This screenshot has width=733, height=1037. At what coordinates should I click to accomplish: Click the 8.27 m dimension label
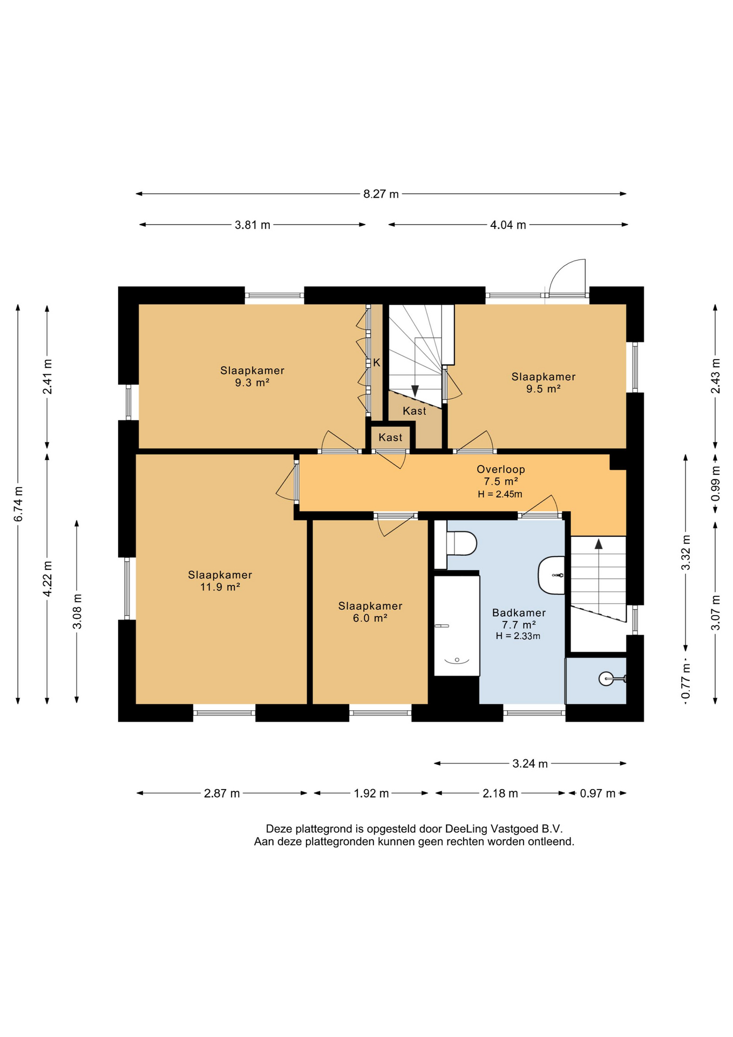(x=381, y=194)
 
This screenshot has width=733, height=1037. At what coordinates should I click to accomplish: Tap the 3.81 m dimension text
(x=252, y=225)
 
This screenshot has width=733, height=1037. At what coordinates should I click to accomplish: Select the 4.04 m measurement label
(x=508, y=225)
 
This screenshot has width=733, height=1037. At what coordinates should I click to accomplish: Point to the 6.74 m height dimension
(x=18, y=504)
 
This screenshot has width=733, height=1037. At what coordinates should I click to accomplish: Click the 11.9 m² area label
(x=220, y=587)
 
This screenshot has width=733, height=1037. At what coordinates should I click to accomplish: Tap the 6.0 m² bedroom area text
(x=370, y=618)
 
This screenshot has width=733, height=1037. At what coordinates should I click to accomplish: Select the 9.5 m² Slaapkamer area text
(x=544, y=389)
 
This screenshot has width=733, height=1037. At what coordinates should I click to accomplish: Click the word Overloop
(x=501, y=469)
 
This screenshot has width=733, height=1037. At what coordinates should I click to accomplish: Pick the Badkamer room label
(x=519, y=613)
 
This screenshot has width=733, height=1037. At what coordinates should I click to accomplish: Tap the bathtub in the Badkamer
(x=457, y=625)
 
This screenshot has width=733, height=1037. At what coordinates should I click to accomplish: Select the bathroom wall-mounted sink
(x=552, y=575)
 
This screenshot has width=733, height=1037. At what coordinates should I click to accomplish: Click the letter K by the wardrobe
(x=377, y=362)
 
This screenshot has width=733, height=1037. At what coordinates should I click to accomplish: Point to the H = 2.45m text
(x=500, y=494)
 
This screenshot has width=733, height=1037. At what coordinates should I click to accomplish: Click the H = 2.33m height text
(x=518, y=636)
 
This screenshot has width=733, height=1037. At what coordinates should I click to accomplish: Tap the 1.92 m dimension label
(x=371, y=793)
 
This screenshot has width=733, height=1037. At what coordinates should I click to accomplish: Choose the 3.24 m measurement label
(x=530, y=764)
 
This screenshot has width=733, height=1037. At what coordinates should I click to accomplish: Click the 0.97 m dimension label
(x=598, y=793)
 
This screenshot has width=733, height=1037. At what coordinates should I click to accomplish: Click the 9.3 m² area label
(x=252, y=383)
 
